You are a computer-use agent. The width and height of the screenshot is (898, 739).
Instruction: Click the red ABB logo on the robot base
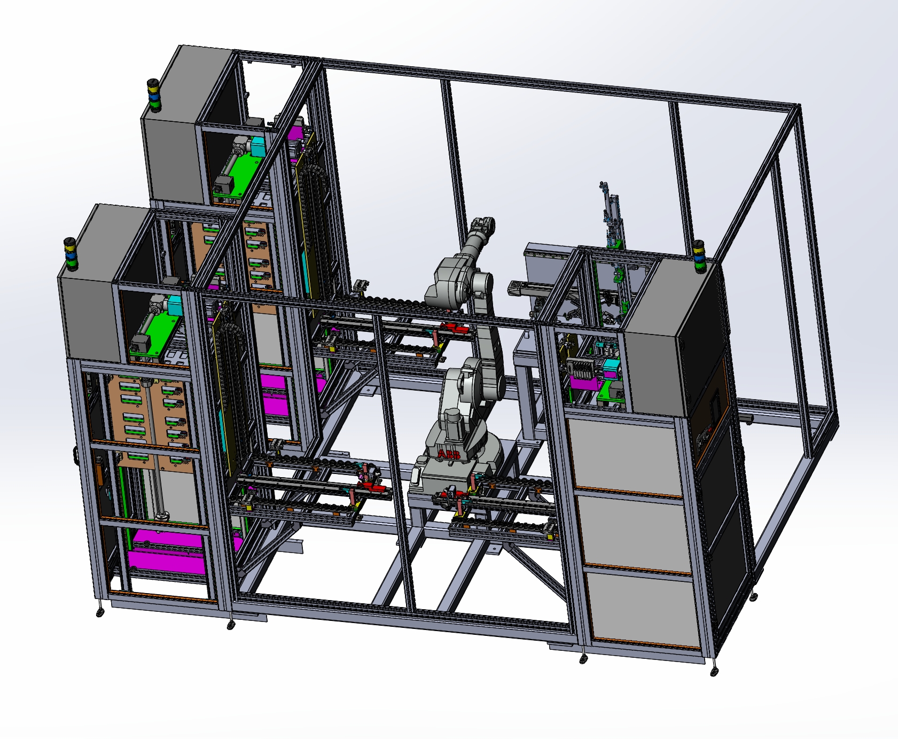pos(449,455)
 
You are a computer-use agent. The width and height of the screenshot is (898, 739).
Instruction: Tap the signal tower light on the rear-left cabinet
pos(154,96)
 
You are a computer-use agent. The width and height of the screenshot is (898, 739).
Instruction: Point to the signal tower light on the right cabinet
pos(699,256)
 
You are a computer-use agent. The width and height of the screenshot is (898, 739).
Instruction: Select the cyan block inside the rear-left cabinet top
pos(257,146)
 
